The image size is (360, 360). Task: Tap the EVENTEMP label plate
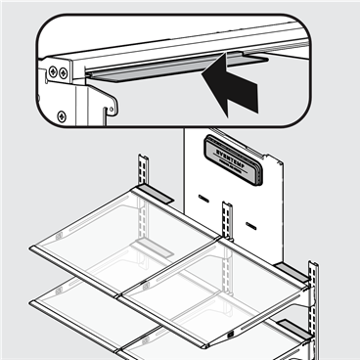(237, 157)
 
